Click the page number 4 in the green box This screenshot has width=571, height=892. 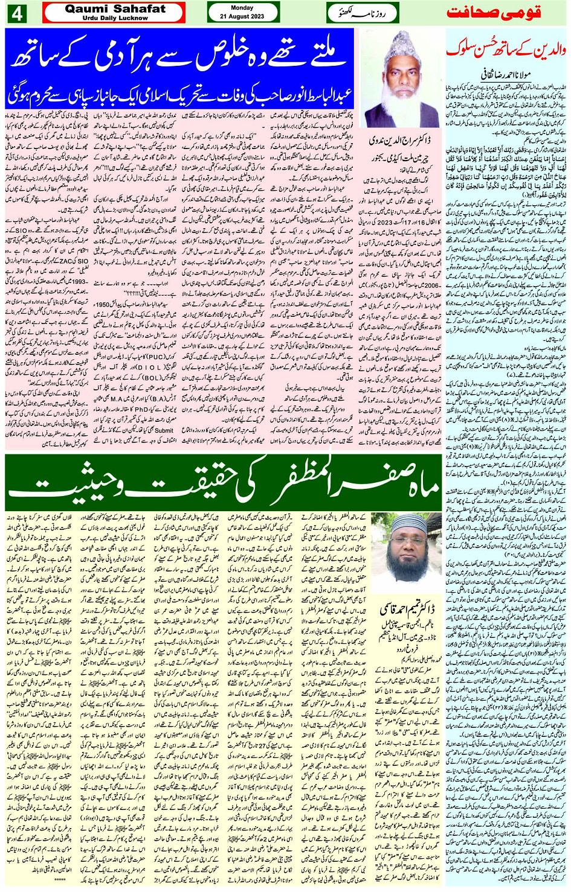(16, 13)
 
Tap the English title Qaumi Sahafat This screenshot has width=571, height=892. (115, 8)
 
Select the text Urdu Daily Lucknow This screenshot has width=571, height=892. (115, 18)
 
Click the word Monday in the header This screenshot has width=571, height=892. (242, 8)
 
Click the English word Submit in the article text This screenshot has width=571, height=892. (164, 430)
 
